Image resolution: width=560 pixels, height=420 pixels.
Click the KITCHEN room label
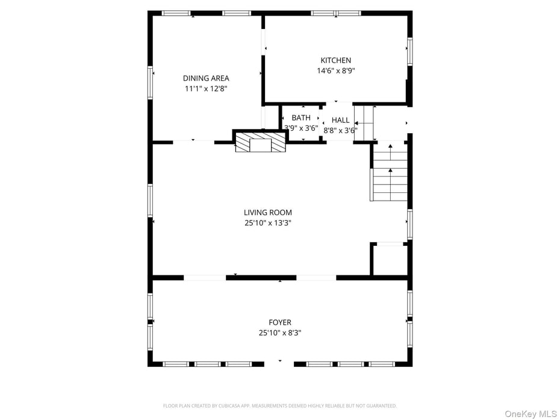tap(335, 60)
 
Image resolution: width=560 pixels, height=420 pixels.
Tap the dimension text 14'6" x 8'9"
tap(335, 71)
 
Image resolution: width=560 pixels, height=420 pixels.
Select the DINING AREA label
tap(206, 78)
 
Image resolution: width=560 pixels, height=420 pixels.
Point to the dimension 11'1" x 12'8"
tap(206, 89)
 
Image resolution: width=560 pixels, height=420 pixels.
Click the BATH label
tap(301, 118)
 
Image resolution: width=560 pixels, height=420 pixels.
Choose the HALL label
tap(340, 121)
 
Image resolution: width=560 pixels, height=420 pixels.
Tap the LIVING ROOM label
tap(268, 213)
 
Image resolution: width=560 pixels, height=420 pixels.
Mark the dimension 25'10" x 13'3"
tap(268, 223)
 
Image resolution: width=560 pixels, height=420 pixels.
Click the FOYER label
tap(280, 323)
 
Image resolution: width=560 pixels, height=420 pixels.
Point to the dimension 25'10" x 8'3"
tap(280, 333)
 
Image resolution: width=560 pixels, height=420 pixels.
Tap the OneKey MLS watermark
tap(530, 413)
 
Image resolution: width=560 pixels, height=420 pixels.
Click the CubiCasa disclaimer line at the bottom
tap(280, 406)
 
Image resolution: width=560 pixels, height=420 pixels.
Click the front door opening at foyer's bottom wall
tap(279, 363)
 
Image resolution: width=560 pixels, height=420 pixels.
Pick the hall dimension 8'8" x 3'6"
tap(340, 130)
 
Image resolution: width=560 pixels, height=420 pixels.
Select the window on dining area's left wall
tap(151, 83)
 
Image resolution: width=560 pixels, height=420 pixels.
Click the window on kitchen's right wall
tap(409, 52)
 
